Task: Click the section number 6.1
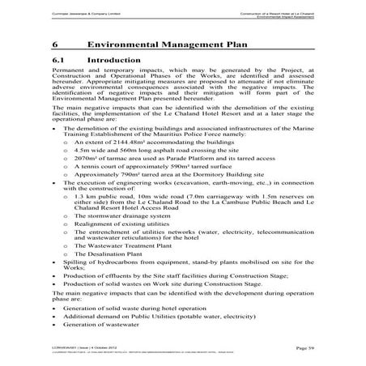[x=56, y=61]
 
